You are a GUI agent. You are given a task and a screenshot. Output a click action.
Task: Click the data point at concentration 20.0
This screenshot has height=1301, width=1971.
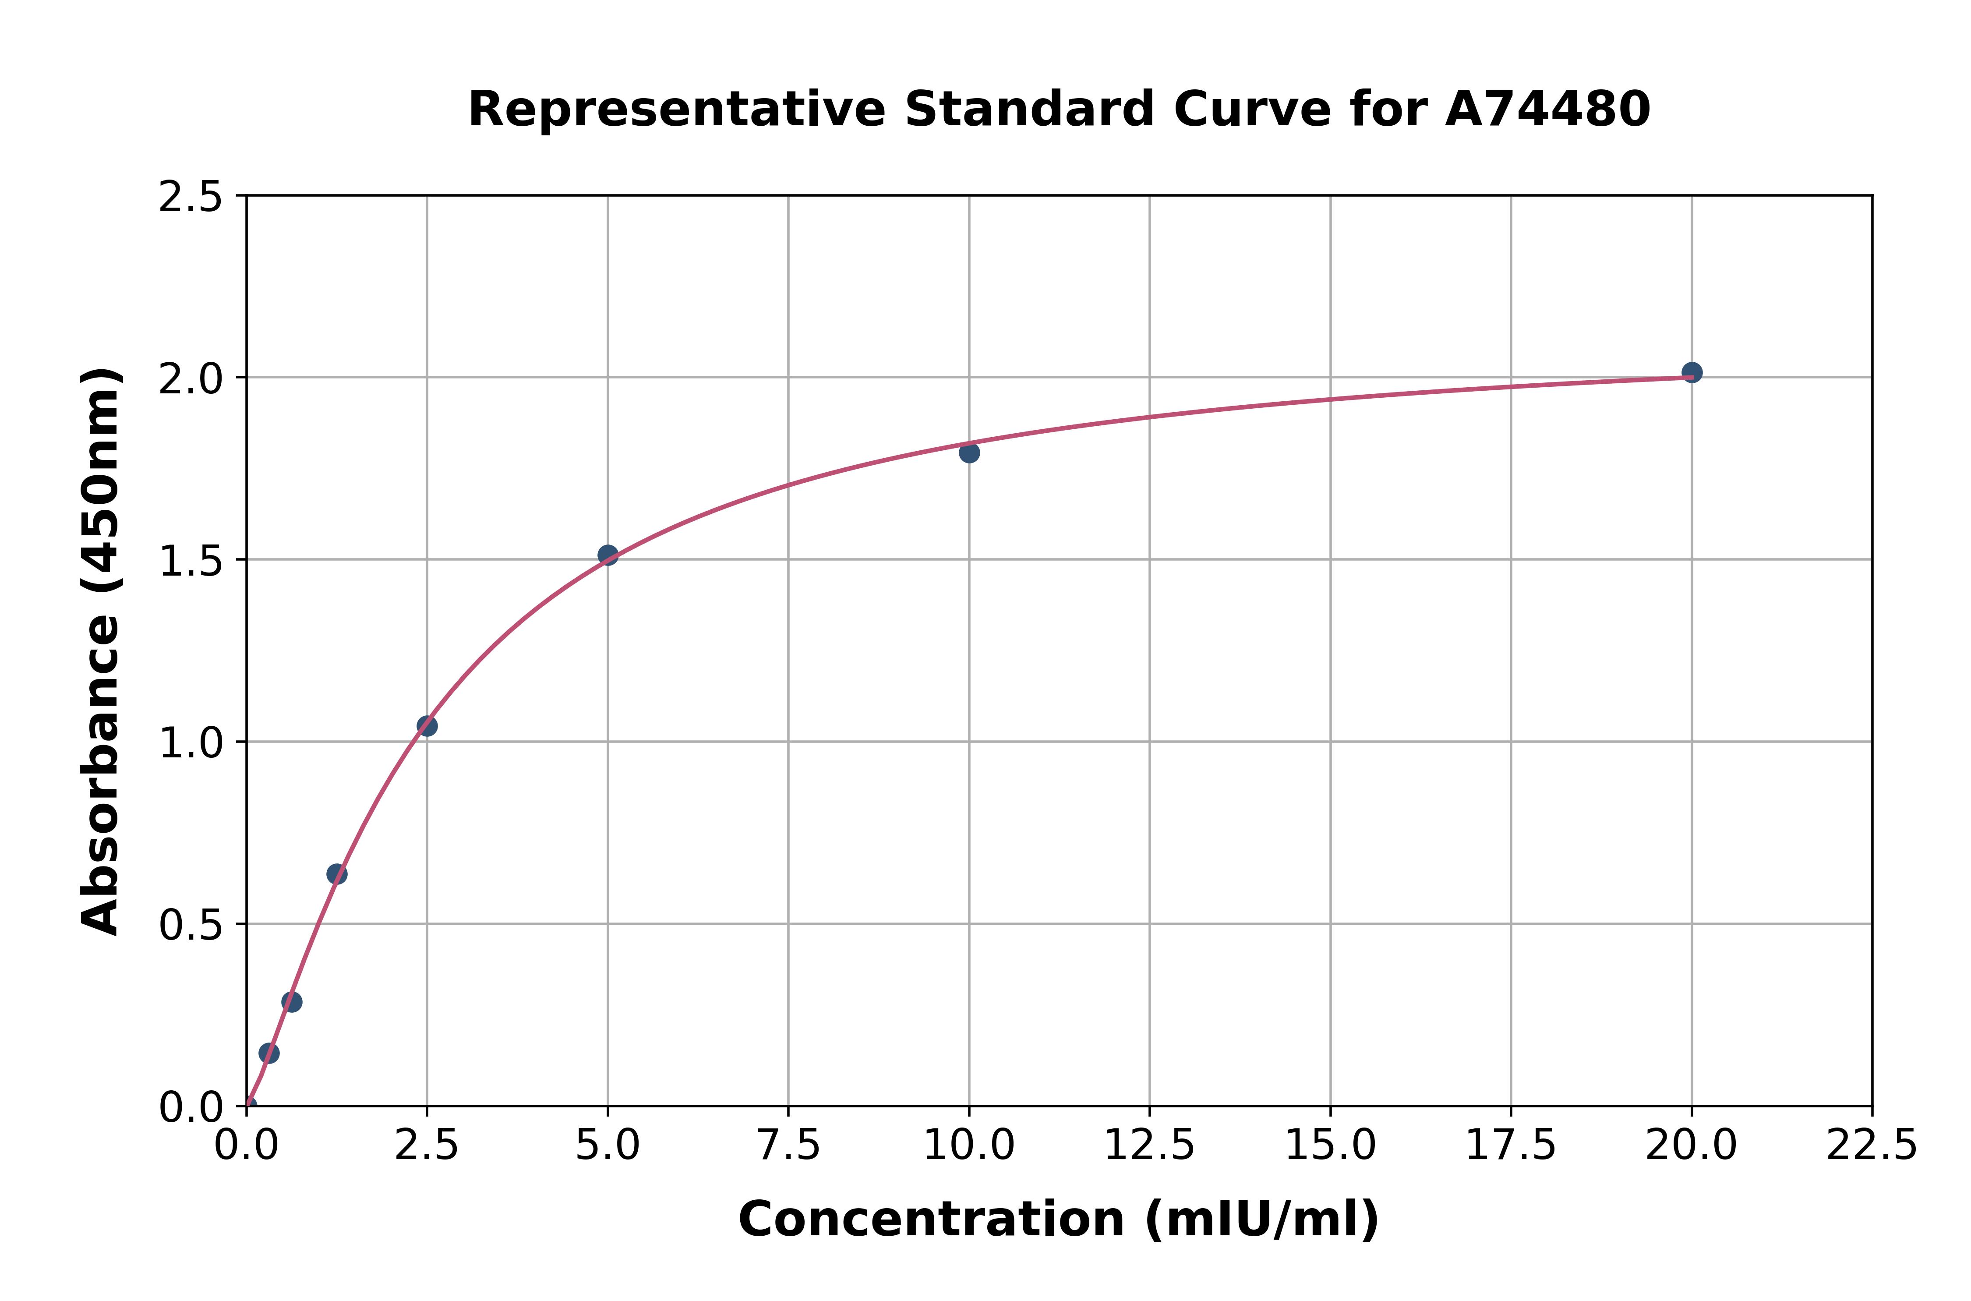[1692, 372]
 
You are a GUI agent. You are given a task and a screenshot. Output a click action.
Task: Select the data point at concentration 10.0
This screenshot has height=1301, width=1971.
[969, 452]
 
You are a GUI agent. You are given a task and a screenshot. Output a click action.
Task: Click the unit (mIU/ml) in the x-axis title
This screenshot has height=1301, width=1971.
[1261, 1220]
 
